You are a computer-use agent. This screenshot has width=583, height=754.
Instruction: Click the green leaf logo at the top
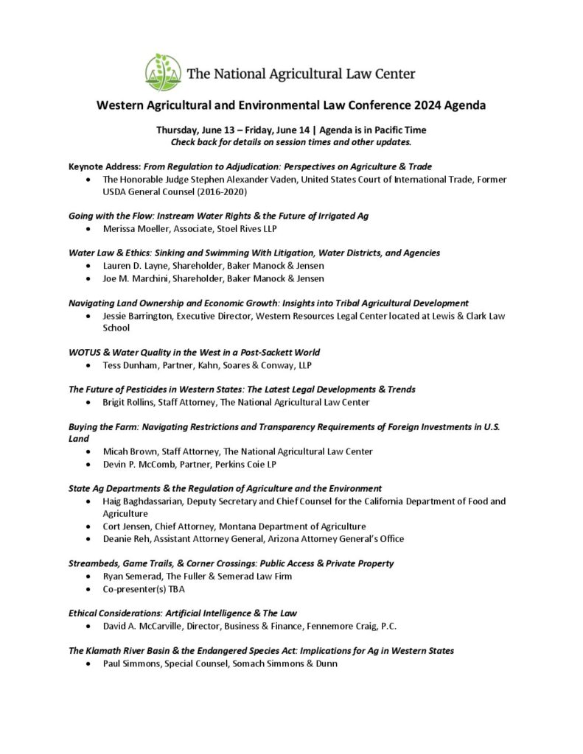click(x=163, y=72)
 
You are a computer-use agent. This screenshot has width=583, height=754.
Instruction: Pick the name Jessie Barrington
click(x=140, y=315)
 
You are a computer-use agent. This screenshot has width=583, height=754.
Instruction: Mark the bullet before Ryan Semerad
click(x=89, y=577)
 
